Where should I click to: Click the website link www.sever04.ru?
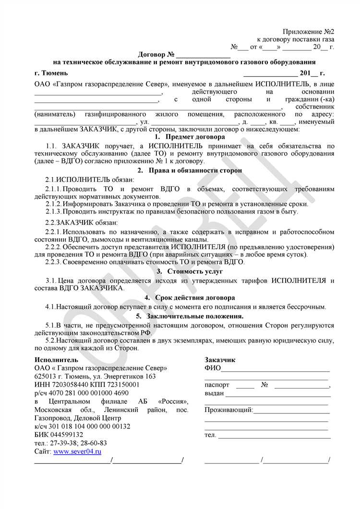coord(77,452)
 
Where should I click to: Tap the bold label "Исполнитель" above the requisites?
coord(56,359)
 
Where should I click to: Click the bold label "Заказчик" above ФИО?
coord(220,359)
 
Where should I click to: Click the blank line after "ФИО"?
coord(276,369)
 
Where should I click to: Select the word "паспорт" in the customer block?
coord(217,385)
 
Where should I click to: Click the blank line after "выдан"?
coord(277,394)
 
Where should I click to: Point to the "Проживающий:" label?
coord(228,410)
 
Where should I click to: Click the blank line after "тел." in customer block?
coord(275,436)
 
